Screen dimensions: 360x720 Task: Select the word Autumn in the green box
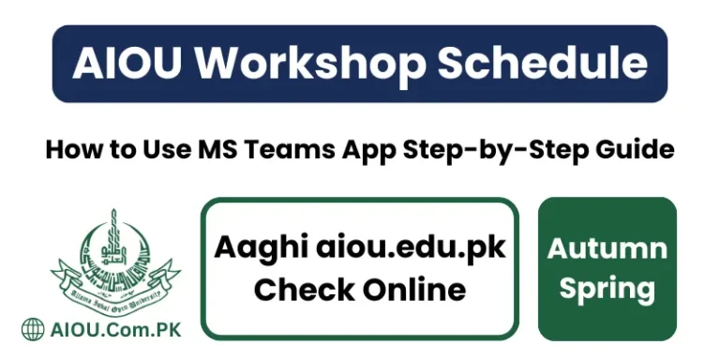607,248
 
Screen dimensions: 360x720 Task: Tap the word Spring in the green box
607,288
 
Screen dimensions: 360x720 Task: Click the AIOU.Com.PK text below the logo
115,330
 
